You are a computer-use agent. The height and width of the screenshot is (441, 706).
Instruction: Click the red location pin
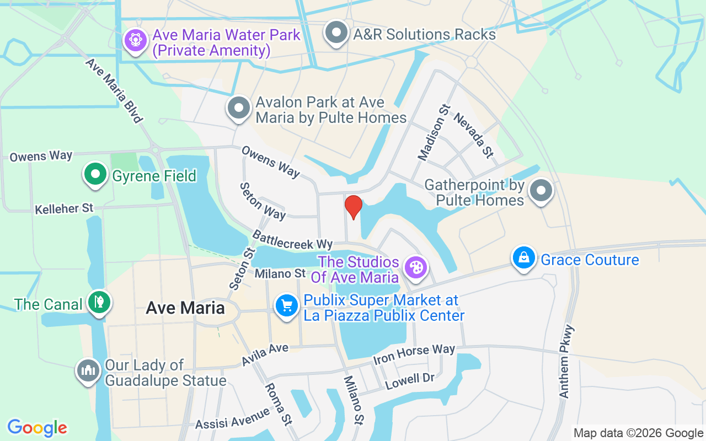click(353, 207)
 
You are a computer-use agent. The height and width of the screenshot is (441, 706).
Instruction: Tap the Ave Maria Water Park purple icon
click(135, 40)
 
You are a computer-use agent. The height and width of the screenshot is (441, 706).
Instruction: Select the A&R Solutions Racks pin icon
click(336, 33)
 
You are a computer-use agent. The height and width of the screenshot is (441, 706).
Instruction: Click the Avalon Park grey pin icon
click(239, 107)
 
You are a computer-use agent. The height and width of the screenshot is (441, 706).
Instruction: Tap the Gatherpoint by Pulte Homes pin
click(541, 191)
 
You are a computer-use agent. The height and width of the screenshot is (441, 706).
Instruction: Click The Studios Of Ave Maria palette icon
click(415, 267)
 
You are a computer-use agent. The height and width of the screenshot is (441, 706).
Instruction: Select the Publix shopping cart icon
click(287, 305)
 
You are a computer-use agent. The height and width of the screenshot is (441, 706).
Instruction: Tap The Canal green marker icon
click(99, 302)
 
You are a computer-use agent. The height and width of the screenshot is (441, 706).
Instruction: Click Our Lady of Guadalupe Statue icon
click(88, 370)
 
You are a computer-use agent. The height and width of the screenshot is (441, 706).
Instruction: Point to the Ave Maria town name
click(185, 308)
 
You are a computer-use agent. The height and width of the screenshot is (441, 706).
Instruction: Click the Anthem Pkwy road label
click(567, 362)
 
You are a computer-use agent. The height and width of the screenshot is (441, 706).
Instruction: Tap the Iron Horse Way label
click(414, 354)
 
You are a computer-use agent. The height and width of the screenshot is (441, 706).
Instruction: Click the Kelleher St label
click(64, 209)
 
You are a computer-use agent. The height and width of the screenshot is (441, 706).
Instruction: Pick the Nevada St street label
click(473, 135)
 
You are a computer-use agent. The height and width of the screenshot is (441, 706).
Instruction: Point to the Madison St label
click(434, 133)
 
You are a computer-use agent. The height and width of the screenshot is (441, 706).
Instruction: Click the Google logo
click(38, 427)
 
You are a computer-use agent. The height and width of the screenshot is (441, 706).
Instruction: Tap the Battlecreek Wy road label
click(292, 240)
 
